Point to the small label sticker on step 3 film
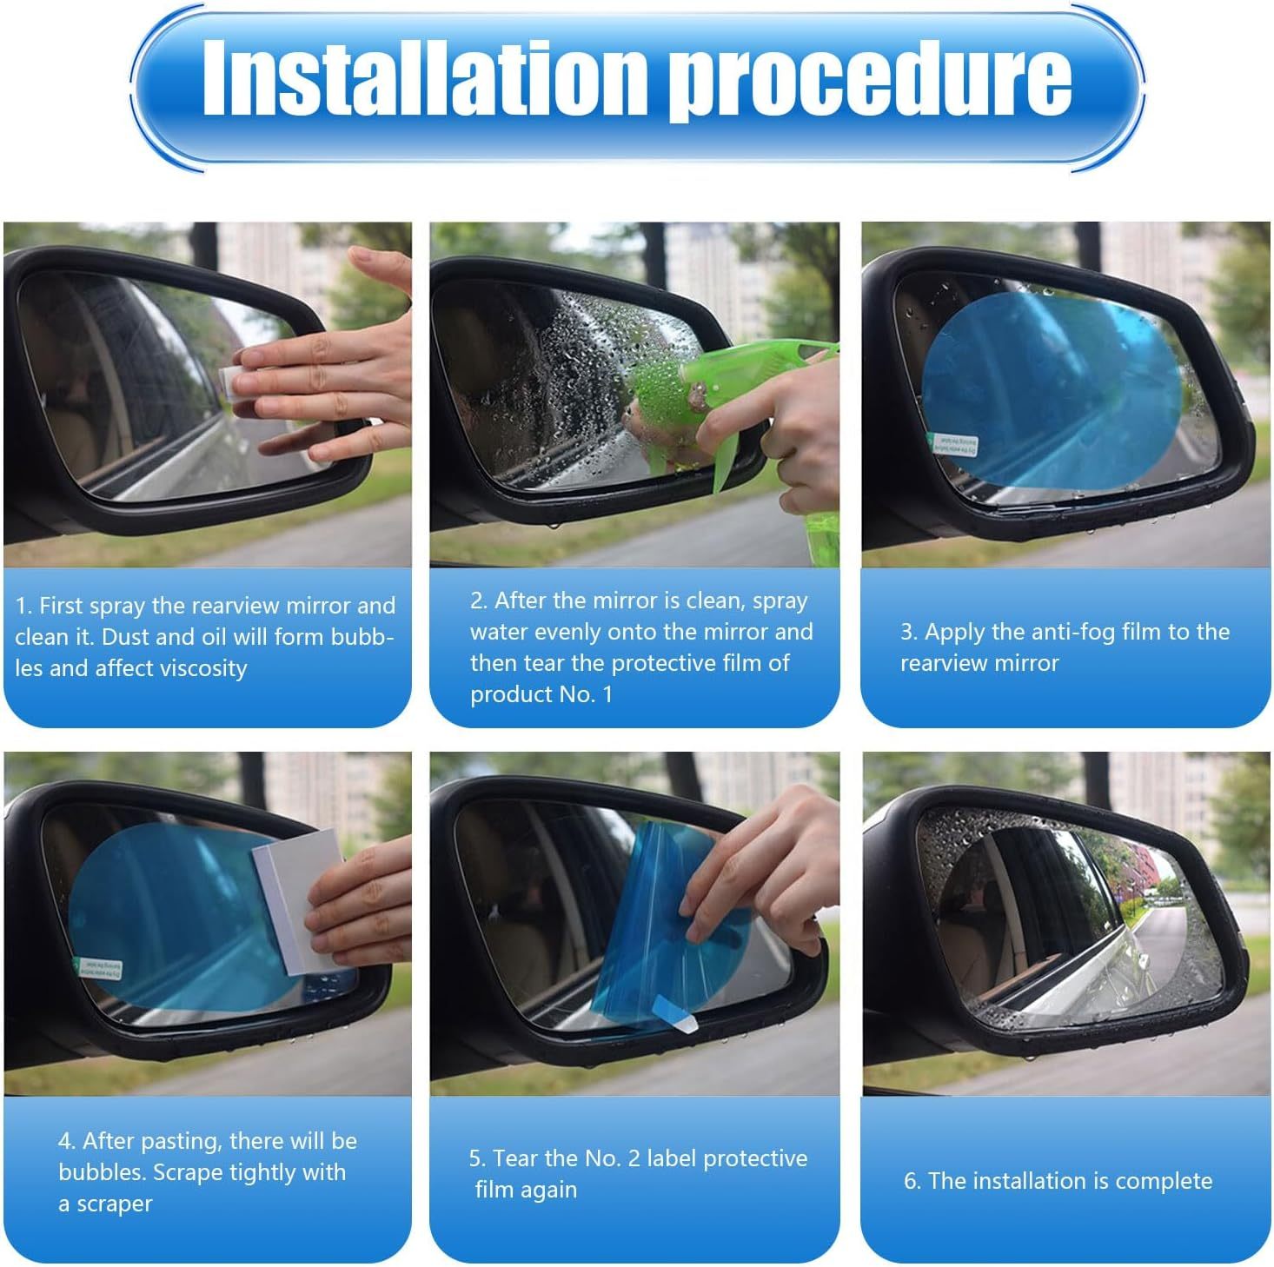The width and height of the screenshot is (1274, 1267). (954, 445)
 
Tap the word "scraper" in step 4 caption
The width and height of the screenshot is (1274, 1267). (114, 1204)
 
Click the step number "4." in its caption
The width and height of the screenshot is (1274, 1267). (67, 1141)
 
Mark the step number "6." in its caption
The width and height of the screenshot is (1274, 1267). (912, 1181)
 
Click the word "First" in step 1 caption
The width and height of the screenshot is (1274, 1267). (61, 606)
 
